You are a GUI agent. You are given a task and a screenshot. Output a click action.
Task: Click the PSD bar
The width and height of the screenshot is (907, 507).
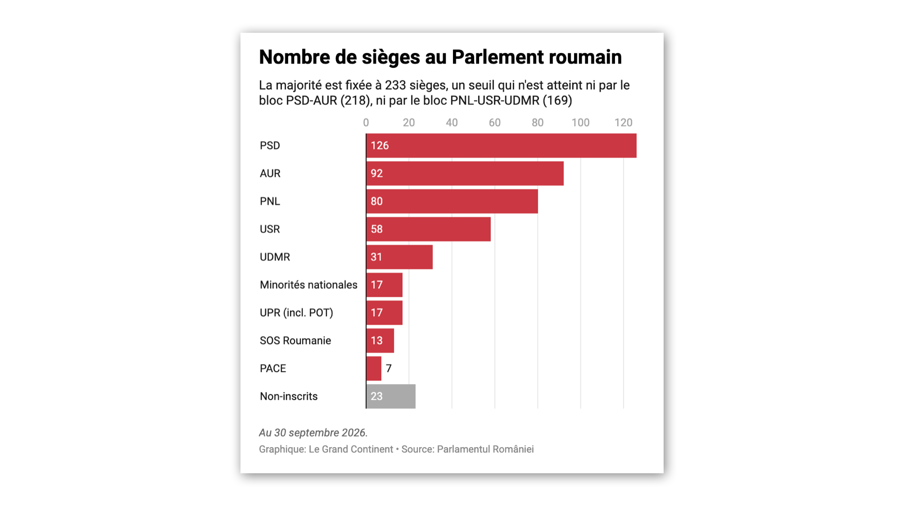coord(501,146)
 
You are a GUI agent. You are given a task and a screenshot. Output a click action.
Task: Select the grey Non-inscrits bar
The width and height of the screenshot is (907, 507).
coord(391,396)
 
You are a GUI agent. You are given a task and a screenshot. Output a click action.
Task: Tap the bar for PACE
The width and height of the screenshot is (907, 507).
coord(373,369)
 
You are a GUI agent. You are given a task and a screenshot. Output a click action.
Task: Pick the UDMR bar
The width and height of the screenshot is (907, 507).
coord(400,257)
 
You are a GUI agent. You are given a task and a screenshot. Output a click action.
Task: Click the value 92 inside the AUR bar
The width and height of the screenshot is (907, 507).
coord(377,173)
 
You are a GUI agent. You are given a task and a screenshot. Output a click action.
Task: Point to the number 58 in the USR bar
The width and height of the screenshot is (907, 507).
coord(377,229)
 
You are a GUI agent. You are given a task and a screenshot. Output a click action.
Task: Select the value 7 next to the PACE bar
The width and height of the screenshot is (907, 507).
coord(389,369)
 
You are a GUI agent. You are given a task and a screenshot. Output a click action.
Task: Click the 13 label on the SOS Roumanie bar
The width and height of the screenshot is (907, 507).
coord(377,341)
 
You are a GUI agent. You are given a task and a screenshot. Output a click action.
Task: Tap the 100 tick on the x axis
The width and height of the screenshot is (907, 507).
coord(581,123)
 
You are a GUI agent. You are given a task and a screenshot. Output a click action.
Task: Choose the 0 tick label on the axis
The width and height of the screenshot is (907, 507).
coord(366,123)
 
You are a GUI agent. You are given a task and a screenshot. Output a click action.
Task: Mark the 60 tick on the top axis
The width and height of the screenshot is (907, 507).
coord(495,123)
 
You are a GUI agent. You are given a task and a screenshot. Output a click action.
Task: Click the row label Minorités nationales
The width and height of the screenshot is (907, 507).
coord(308,285)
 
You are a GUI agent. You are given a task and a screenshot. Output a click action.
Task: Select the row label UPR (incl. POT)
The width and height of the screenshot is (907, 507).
coord(296,313)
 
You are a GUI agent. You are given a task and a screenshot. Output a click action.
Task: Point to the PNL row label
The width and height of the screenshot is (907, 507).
coord(270,201)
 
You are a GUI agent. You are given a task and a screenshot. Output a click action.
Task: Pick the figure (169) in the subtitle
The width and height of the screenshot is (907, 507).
coord(557,100)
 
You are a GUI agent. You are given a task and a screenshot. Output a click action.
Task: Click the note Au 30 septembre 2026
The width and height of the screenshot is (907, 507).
coord(313,433)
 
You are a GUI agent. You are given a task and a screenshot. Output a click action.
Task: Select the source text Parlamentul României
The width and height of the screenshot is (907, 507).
coord(485,449)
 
